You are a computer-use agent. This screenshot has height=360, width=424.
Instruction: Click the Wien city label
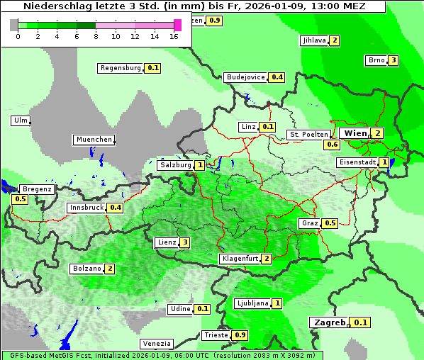(x=356, y=133)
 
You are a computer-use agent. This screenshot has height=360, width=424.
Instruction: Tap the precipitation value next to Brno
(x=394, y=60)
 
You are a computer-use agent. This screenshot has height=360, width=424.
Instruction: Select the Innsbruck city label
(x=87, y=208)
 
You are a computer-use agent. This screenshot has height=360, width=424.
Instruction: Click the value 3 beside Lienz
(x=185, y=242)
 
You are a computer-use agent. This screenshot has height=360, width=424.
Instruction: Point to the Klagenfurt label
(x=239, y=259)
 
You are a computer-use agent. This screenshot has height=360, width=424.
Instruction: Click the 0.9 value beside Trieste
(x=240, y=335)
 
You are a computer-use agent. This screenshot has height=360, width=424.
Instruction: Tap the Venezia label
(x=156, y=344)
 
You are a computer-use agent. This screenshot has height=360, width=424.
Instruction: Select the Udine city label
(x=180, y=309)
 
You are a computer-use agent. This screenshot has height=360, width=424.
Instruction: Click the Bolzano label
(x=87, y=269)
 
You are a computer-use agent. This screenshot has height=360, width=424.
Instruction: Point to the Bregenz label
(x=37, y=189)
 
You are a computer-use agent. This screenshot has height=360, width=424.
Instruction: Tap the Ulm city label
(x=21, y=120)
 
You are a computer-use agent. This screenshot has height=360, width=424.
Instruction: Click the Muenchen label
(x=94, y=140)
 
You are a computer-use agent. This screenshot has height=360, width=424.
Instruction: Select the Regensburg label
(x=121, y=68)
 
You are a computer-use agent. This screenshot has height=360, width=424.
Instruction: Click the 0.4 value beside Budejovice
(x=277, y=77)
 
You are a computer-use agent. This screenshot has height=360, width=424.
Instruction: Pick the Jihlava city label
(x=313, y=40)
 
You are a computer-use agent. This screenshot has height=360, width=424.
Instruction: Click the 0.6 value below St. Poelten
(x=332, y=145)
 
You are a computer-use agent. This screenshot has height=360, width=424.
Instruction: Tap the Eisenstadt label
(x=357, y=162)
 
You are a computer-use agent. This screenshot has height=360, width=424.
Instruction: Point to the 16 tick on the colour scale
(x=174, y=36)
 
